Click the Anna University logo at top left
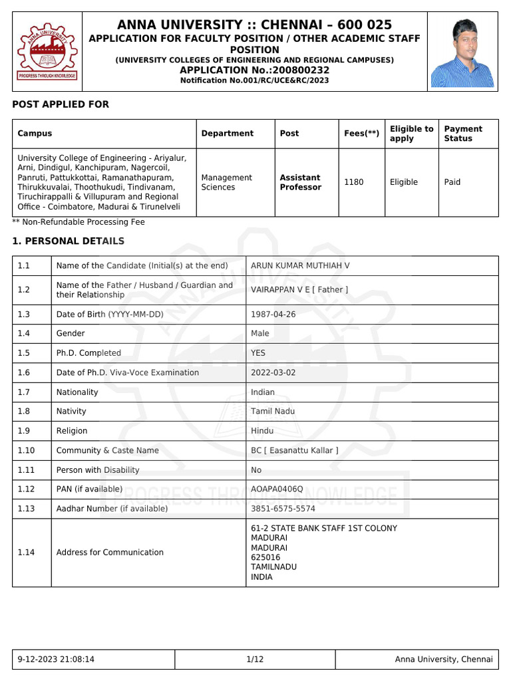[x=46, y=51]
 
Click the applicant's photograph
[x=462, y=53]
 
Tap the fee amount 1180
[x=353, y=182]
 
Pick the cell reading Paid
[x=452, y=182]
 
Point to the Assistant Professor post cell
[x=300, y=182]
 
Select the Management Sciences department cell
[x=226, y=182]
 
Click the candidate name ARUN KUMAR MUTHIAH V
[x=300, y=266]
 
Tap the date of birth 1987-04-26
[x=273, y=315]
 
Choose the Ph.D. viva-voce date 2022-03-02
[x=273, y=372]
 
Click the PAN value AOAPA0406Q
[x=277, y=489]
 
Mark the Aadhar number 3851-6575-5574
[x=283, y=509]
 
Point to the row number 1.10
[x=27, y=450]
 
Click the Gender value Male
[x=260, y=334]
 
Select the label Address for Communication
[x=110, y=553]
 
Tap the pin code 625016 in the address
[x=265, y=557]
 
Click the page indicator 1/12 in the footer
[x=255, y=660]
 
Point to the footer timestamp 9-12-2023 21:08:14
[x=56, y=660]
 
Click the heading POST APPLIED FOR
[x=61, y=104]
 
